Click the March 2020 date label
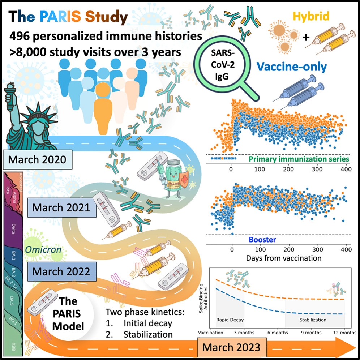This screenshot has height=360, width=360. (x=38, y=159)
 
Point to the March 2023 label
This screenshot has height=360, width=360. (x=231, y=347)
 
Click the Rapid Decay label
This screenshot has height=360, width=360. (x=230, y=320)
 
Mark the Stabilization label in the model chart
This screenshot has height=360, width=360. (x=313, y=320)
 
